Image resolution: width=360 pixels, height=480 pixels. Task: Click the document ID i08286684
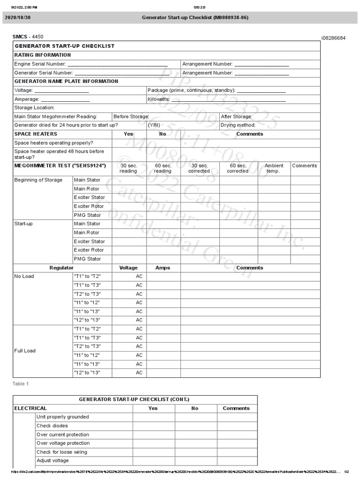[333, 38]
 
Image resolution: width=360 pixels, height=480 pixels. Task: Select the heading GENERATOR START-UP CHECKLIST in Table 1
[65, 46]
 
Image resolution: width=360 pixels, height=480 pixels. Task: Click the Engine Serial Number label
[40, 64]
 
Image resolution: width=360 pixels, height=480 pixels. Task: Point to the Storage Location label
[34, 108]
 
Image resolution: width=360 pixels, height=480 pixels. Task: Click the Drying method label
[238, 125]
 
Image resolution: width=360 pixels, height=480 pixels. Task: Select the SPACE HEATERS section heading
[36, 134]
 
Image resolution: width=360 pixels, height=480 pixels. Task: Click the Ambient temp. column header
[274, 168]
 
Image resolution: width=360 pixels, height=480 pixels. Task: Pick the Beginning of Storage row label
[38, 180]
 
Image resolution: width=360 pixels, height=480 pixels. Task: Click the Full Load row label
[25, 351]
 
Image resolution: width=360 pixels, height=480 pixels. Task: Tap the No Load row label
[24, 277]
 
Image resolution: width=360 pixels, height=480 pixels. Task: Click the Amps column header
[163, 268]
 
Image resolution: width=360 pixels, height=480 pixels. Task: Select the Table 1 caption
[21, 384]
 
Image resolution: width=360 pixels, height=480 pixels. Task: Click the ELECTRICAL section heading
[31, 408]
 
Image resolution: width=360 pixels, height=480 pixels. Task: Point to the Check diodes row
[52, 426]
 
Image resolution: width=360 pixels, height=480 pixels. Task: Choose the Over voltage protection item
[63, 443]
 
